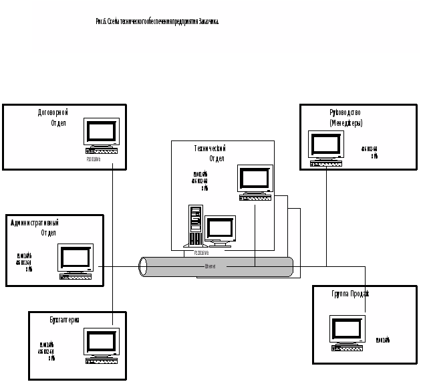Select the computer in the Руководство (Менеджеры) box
click(x=325, y=149)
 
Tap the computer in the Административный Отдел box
click(x=75, y=261)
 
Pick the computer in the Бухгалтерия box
click(x=101, y=347)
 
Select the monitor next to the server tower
click(x=220, y=231)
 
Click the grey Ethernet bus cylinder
click(x=216, y=267)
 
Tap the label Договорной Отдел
click(x=53, y=118)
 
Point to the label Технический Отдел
click(x=209, y=153)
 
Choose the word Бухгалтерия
click(x=65, y=320)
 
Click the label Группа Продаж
click(x=350, y=294)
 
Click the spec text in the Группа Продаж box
click(x=383, y=340)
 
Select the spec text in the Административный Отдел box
click(x=24, y=262)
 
